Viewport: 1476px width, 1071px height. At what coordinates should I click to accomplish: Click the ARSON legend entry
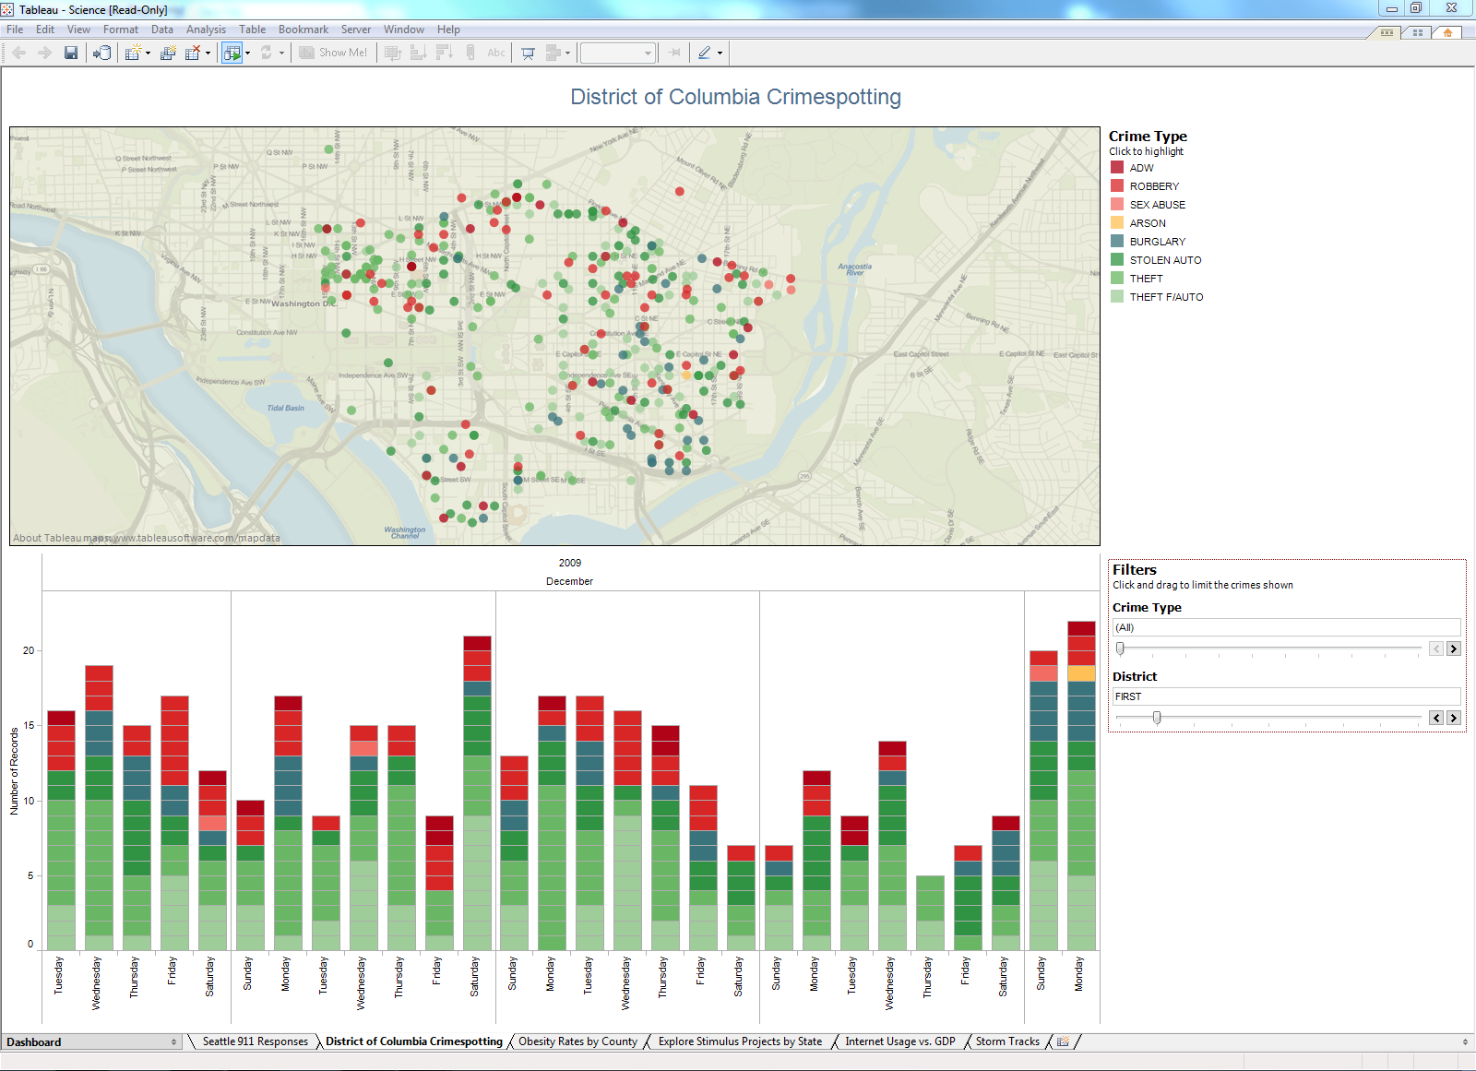click(1147, 223)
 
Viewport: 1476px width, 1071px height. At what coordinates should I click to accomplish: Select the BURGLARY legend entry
click(1157, 242)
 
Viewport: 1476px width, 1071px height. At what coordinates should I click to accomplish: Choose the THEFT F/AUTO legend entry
click(1165, 297)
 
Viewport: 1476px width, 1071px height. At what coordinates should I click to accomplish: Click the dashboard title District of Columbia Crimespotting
click(735, 97)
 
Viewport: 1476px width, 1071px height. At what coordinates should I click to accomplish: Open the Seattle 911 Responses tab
click(255, 1041)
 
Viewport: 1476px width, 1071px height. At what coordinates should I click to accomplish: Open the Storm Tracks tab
click(1006, 1041)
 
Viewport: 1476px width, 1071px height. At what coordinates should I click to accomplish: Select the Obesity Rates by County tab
click(577, 1041)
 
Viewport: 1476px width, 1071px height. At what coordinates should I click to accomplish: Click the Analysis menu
click(206, 30)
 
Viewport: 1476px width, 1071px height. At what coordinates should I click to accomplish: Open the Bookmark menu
click(303, 30)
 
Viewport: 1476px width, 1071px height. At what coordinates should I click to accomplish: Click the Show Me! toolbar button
click(334, 53)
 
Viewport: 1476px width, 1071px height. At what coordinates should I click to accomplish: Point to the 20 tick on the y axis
click(29, 650)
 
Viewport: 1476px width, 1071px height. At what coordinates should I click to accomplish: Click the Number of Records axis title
click(14, 771)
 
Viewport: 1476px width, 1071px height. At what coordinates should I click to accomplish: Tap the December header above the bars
click(569, 581)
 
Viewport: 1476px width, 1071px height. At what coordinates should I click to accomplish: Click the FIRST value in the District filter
click(1128, 696)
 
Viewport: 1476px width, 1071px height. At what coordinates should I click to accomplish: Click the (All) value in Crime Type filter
click(1125, 627)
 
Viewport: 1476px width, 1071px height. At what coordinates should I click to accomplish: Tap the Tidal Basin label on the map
click(285, 408)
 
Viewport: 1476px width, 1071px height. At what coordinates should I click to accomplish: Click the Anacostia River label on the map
click(854, 269)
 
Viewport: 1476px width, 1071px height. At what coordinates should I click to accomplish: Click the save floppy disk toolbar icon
click(71, 53)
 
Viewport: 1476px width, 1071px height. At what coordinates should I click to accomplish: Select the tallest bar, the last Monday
click(1080, 784)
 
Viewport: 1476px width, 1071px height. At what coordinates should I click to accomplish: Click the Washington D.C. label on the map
click(304, 303)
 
